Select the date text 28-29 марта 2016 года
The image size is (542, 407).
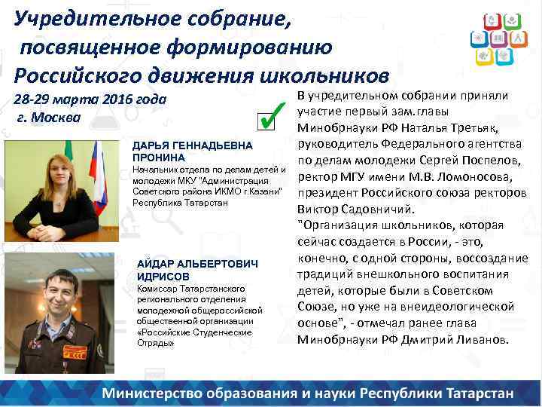point(91,100)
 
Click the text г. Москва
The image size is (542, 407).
point(48,118)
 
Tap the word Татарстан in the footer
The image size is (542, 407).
point(475,393)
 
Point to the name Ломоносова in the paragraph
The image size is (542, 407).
point(473,177)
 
